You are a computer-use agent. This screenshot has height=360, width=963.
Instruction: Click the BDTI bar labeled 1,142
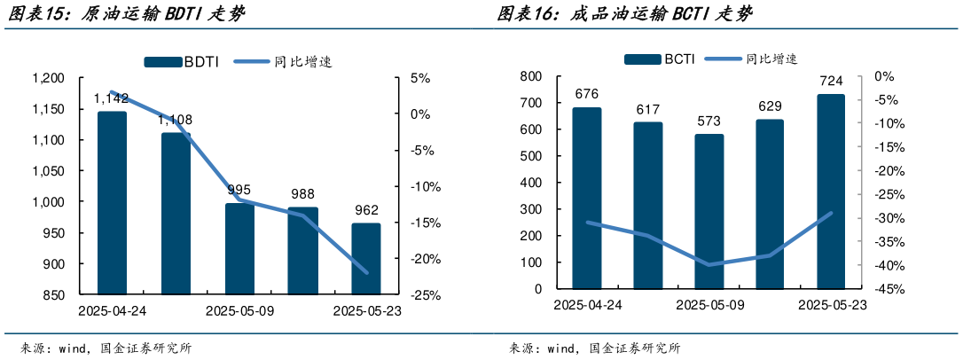[x=112, y=202]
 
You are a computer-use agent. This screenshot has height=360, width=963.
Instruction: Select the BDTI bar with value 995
[x=239, y=248]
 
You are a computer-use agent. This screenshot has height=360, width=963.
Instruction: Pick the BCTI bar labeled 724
[x=831, y=192]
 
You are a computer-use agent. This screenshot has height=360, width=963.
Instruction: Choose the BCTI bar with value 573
[x=709, y=211]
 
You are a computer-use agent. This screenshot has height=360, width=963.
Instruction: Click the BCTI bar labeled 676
[x=587, y=198]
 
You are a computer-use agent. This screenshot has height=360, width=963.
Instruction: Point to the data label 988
[x=303, y=194]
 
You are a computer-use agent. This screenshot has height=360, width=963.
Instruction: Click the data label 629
[x=770, y=107]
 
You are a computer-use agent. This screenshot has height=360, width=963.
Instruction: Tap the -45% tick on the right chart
[x=889, y=290]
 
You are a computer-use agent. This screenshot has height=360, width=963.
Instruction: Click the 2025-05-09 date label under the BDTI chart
[x=239, y=311]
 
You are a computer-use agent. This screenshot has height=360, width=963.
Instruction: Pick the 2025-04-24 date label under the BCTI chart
[x=587, y=305]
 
